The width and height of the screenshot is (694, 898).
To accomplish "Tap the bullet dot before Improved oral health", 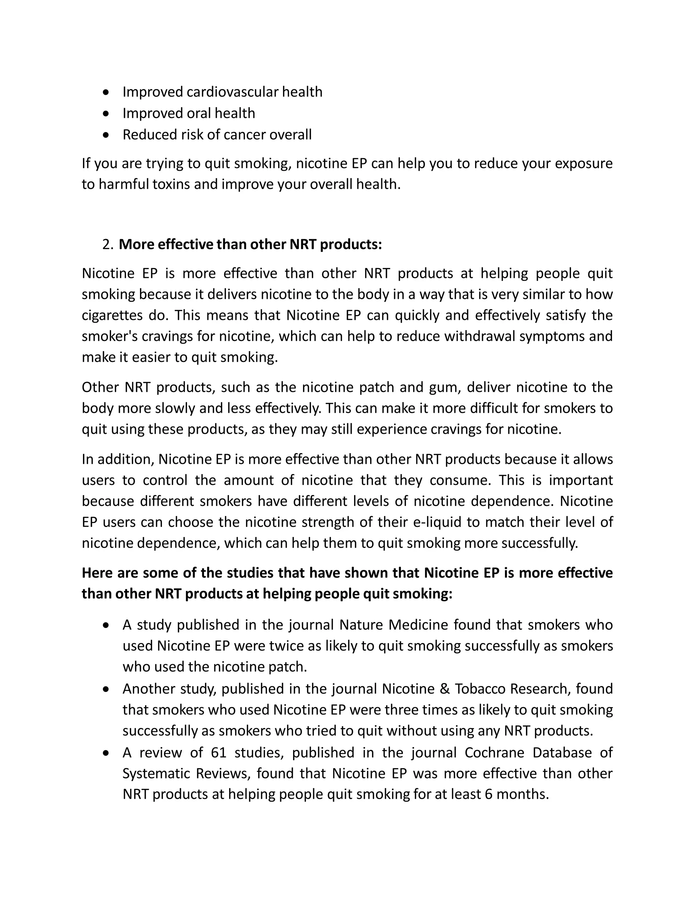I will click(x=106, y=114).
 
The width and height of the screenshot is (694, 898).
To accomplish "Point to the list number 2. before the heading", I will click(x=108, y=245).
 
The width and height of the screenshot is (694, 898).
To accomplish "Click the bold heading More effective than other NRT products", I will click(x=250, y=245).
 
